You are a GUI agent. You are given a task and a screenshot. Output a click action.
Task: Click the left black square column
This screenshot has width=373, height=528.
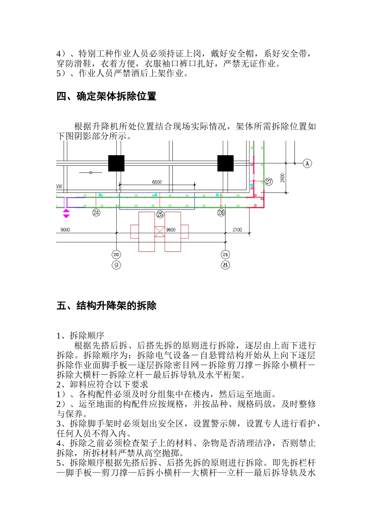click(x=116, y=163)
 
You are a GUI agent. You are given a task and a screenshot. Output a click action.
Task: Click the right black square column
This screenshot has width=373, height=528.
click(x=225, y=163)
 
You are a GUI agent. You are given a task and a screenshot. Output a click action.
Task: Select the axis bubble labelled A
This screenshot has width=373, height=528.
click(x=307, y=163)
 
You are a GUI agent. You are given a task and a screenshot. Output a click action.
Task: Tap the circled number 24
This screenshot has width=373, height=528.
click(x=96, y=213)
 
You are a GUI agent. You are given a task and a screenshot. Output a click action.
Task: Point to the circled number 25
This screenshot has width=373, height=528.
click(x=160, y=214)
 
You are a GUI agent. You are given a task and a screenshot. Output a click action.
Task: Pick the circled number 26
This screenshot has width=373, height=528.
click(x=221, y=213)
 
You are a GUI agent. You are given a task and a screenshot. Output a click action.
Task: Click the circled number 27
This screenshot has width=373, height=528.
click(x=269, y=181)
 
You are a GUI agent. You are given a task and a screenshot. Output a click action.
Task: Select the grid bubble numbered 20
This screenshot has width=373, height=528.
click(x=116, y=255)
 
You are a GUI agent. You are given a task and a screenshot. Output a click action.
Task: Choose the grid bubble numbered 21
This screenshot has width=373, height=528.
click(x=225, y=255)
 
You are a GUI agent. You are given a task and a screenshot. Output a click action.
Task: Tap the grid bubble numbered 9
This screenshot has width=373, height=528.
click(x=116, y=265)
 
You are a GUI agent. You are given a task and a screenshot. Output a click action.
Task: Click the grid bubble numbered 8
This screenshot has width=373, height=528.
click(x=225, y=265)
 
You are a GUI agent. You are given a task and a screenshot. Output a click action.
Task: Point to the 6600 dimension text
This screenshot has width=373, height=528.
click(x=157, y=182)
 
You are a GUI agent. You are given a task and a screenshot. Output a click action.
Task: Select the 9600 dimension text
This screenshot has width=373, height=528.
click(x=171, y=230)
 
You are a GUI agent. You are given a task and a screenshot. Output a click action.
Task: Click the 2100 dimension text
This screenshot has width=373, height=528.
click(x=237, y=230)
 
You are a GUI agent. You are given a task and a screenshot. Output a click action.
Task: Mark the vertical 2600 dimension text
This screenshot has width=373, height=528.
click(x=283, y=178)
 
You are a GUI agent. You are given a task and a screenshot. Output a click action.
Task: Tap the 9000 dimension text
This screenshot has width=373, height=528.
click(x=65, y=230)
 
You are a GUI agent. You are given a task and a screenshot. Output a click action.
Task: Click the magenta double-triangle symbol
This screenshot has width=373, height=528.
click(x=66, y=214)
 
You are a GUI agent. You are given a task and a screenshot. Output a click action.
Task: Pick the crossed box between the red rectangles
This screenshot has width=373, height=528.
click(x=159, y=231)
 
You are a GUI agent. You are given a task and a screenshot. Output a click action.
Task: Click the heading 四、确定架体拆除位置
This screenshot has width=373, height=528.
click(x=106, y=96)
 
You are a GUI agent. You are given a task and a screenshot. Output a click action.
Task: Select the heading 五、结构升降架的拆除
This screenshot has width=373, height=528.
click(x=106, y=306)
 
